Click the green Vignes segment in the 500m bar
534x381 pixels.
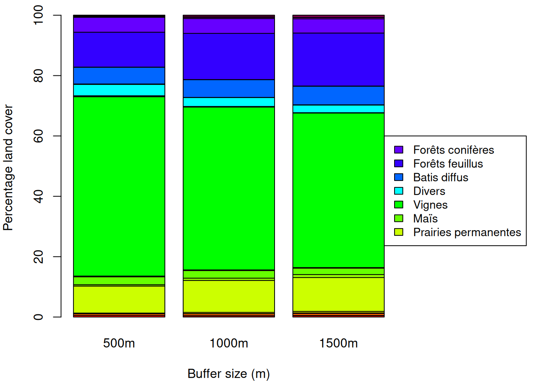click(x=119, y=187)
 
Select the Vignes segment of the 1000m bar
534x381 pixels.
click(x=229, y=189)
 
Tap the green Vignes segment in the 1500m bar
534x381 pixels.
click(x=339, y=190)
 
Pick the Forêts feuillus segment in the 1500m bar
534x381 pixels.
click(x=339, y=60)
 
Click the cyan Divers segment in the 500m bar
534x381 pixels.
click(x=119, y=90)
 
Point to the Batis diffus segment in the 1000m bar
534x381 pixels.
click(x=229, y=89)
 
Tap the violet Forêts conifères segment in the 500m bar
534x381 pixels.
click(x=119, y=25)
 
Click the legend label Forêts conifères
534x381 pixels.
click(x=453, y=150)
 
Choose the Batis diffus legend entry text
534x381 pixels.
click(x=441, y=177)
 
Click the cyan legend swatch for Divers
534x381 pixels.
click(x=399, y=191)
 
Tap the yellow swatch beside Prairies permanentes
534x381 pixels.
click(x=399, y=232)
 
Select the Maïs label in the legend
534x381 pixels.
click(x=425, y=219)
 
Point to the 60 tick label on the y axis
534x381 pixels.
click(x=39, y=136)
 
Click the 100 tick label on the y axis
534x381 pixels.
click(x=39, y=15)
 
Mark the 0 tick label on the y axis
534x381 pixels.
click(x=39, y=317)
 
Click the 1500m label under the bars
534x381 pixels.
click(x=339, y=343)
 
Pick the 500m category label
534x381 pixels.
click(x=119, y=343)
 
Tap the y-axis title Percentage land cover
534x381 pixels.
click(x=8, y=167)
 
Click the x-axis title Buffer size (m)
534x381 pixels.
click(x=229, y=374)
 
